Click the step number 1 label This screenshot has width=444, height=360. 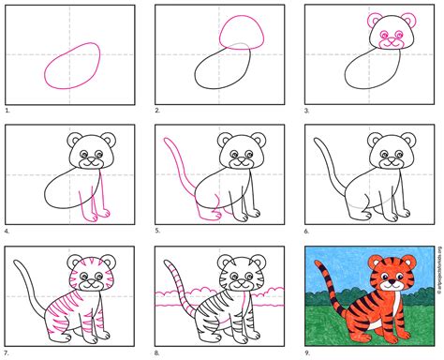click(7, 110)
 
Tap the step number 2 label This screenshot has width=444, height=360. click(156, 110)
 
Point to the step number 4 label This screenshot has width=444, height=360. click(7, 230)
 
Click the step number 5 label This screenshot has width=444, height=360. click(156, 230)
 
